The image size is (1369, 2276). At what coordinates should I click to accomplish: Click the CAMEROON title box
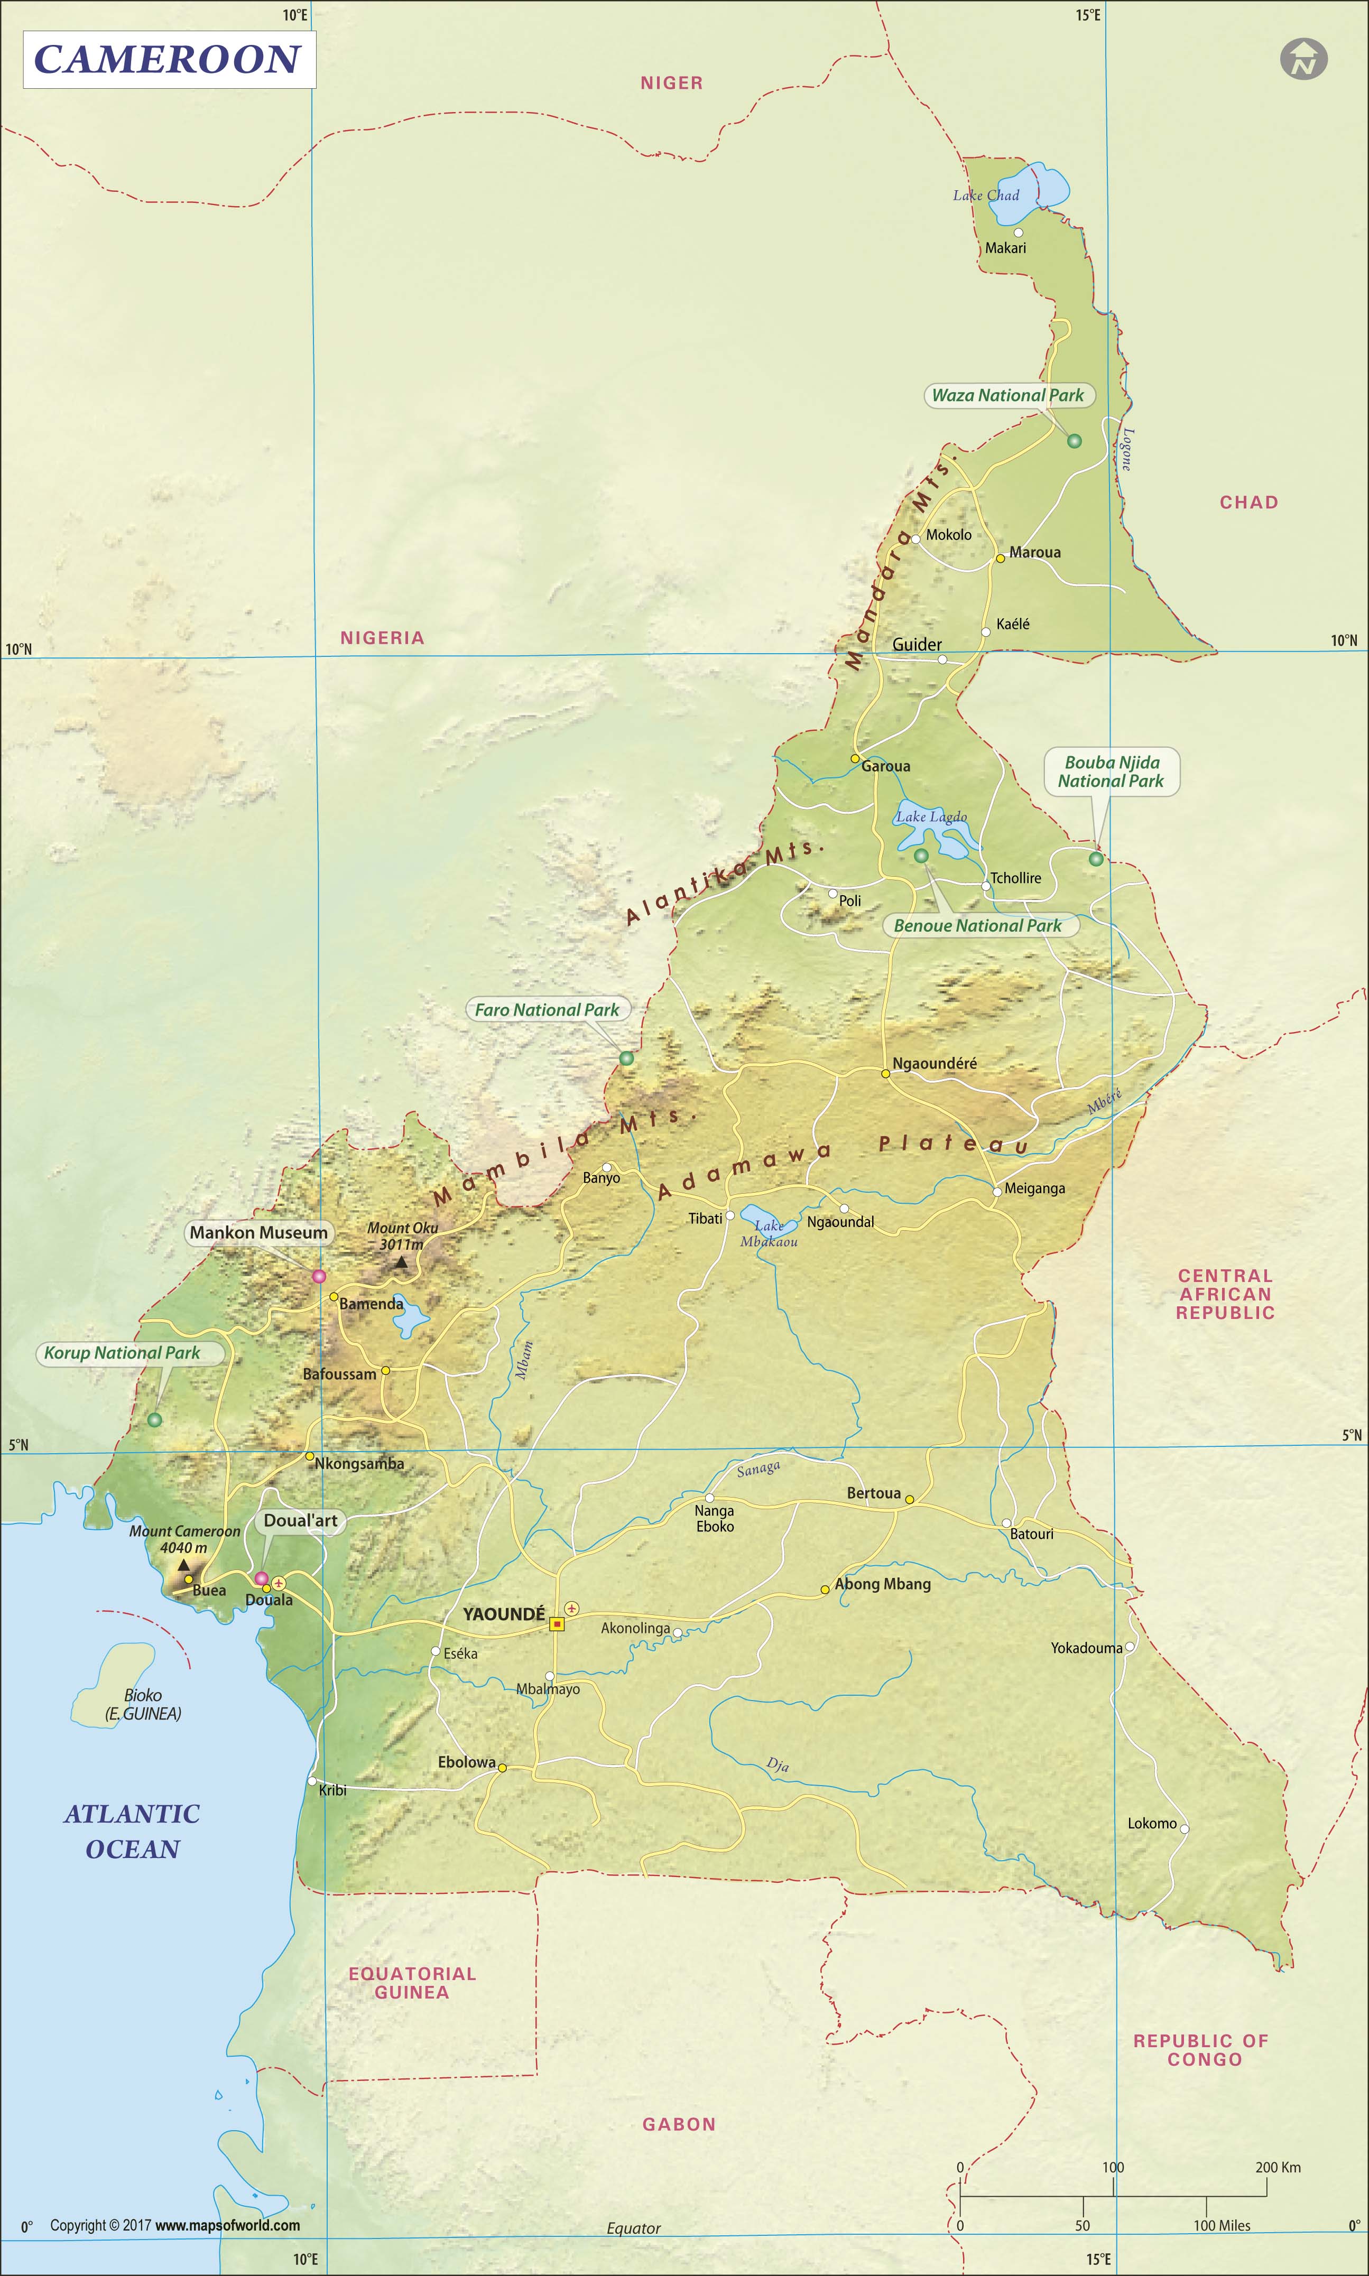click(169, 60)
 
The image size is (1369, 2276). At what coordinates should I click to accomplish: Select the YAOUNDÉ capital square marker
click(556, 1624)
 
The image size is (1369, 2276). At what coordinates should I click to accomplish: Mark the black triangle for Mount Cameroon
click(183, 1565)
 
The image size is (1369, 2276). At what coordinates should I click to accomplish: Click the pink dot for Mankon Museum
click(319, 1276)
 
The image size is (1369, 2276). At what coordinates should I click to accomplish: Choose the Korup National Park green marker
click(155, 1420)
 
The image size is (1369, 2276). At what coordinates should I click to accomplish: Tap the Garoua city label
click(885, 766)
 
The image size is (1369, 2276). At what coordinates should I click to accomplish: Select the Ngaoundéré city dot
click(885, 1073)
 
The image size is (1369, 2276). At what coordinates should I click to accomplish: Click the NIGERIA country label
click(382, 638)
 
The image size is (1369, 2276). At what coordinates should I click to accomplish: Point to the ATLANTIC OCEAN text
click(132, 1832)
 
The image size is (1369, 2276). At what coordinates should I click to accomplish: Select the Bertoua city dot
click(909, 1500)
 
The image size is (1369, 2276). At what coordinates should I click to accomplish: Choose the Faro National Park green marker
click(626, 1058)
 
